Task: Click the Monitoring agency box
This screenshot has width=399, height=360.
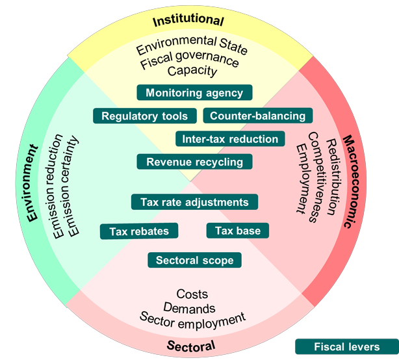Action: [194, 93]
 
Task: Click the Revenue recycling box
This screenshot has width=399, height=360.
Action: [194, 162]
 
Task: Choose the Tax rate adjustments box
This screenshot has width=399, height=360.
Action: [194, 202]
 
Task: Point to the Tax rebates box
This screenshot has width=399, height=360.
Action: [139, 231]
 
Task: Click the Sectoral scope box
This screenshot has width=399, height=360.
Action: [194, 261]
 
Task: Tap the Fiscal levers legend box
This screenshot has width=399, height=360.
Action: [346, 347]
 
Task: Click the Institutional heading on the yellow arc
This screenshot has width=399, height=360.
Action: [188, 21]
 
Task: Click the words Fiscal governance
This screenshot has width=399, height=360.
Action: [189, 64]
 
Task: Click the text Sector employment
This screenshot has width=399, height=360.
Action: [192, 318]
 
